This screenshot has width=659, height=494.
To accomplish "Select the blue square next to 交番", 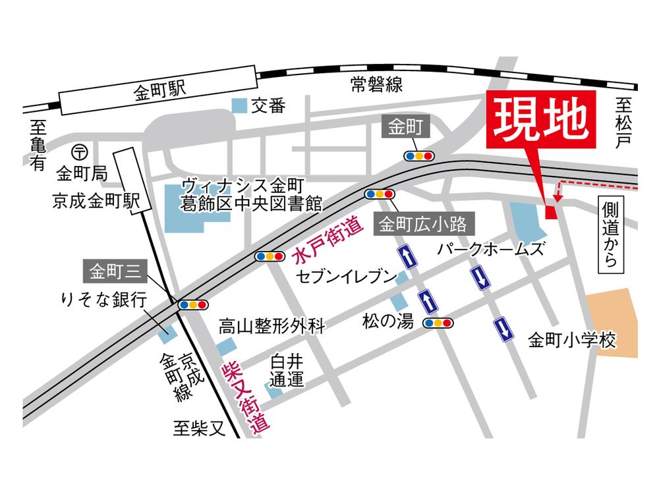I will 241,105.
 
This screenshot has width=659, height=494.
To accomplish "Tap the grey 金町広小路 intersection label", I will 424,225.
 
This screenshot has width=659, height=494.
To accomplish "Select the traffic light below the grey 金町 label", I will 420,156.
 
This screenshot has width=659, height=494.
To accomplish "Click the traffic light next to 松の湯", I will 438,323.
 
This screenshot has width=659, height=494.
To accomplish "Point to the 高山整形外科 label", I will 272,325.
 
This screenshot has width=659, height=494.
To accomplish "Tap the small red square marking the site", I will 552,211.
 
